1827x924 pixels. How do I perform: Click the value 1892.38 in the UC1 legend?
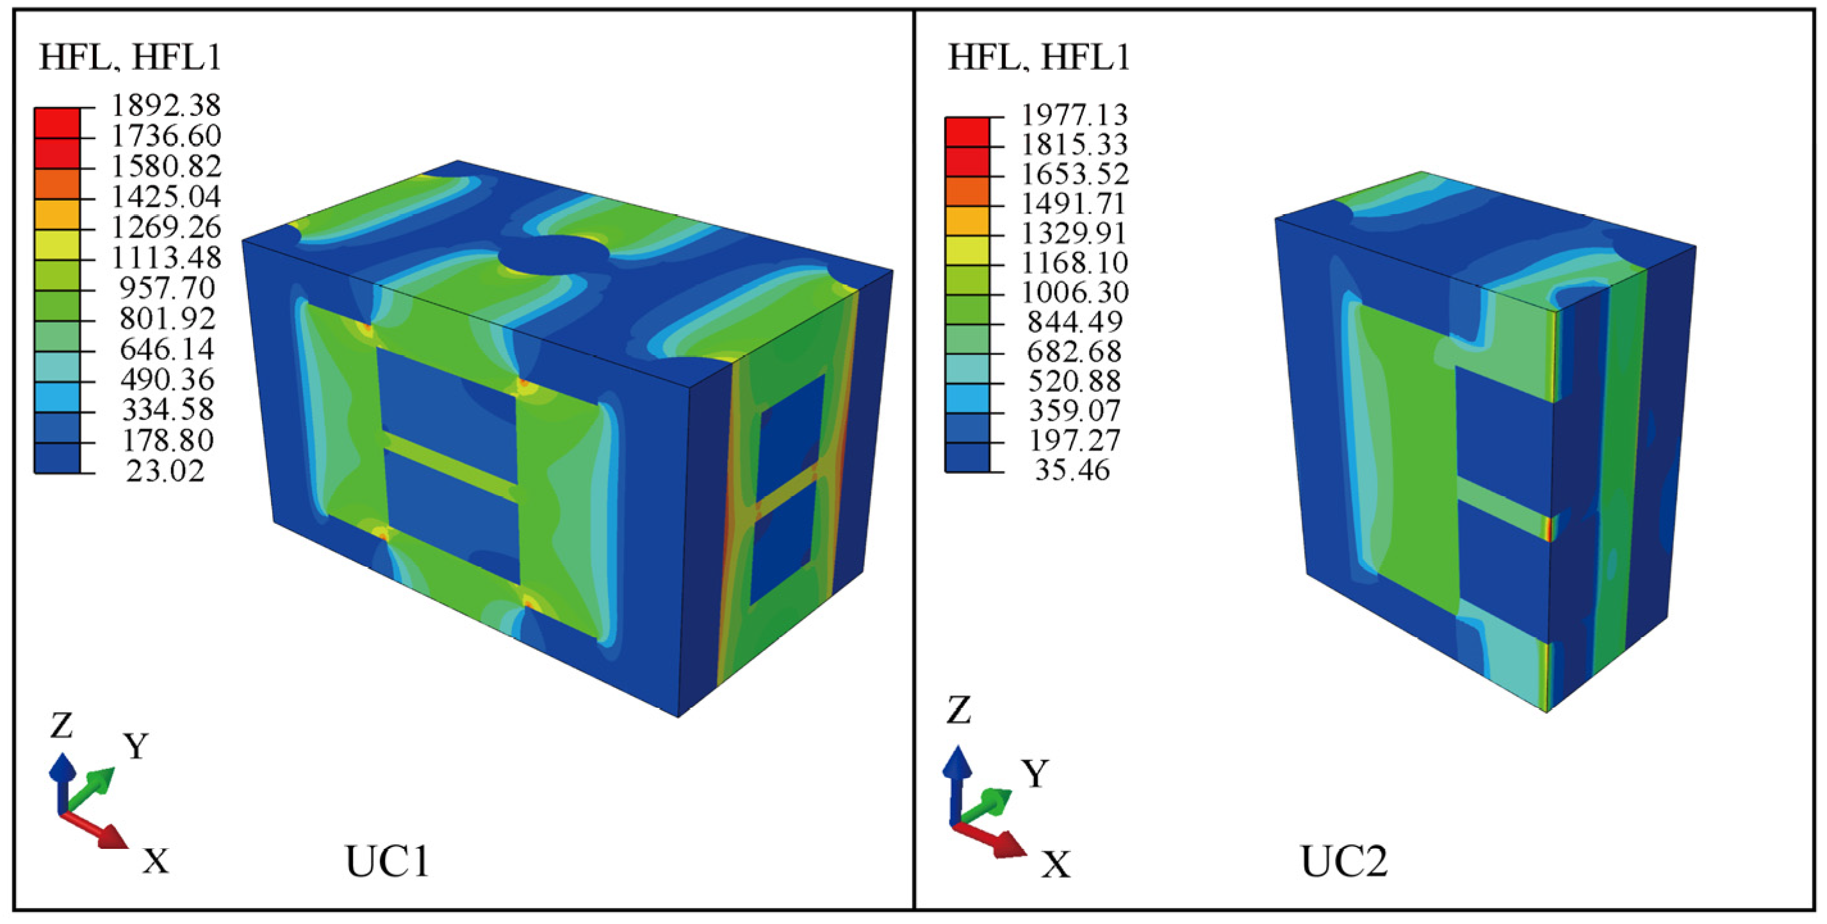pyautogui.click(x=167, y=105)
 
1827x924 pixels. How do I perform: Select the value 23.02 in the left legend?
pyautogui.click(x=165, y=471)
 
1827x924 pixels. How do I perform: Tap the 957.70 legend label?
pyautogui.click(x=167, y=288)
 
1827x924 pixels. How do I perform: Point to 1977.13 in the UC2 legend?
pyautogui.click(x=1074, y=114)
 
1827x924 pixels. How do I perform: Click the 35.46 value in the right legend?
pyautogui.click(x=1072, y=470)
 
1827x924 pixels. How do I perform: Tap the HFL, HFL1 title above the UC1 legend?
pyautogui.click(x=131, y=57)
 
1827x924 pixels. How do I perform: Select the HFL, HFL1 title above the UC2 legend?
pyautogui.click(x=1039, y=57)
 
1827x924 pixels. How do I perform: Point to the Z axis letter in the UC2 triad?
pyautogui.click(x=958, y=710)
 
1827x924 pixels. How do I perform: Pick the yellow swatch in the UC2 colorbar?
pyautogui.click(x=966, y=251)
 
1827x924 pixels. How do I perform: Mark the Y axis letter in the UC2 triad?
pyautogui.click(x=1035, y=773)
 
